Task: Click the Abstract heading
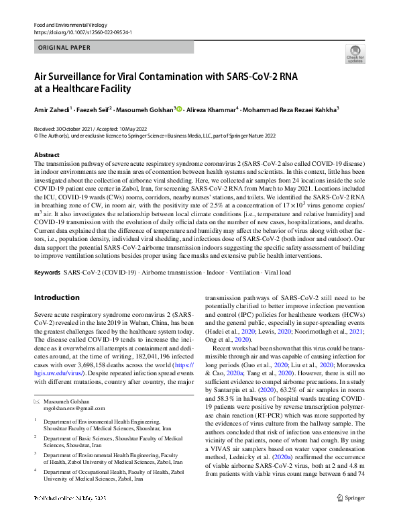tap(46, 154)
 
